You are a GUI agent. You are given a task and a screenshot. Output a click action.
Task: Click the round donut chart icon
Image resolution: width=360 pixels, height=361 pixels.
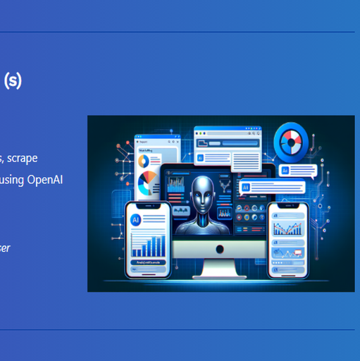pyautogui.click(x=288, y=140)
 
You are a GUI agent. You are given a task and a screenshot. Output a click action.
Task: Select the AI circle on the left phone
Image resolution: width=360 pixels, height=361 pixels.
pyautogui.click(x=135, y=219)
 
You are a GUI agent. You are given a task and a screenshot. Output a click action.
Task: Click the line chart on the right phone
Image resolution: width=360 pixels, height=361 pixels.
pyautogui.click(x=289, y=230)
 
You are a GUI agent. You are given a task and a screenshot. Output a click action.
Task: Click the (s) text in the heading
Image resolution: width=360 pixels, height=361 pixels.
pyautogui.click(x=13, y=80)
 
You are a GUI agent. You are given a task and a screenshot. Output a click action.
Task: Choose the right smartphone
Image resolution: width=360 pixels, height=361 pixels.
pyautogui.click(x=290, y=239)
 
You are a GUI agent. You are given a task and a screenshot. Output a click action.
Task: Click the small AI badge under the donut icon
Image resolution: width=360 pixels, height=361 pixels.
pyautogui.click(x=285, y=171)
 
